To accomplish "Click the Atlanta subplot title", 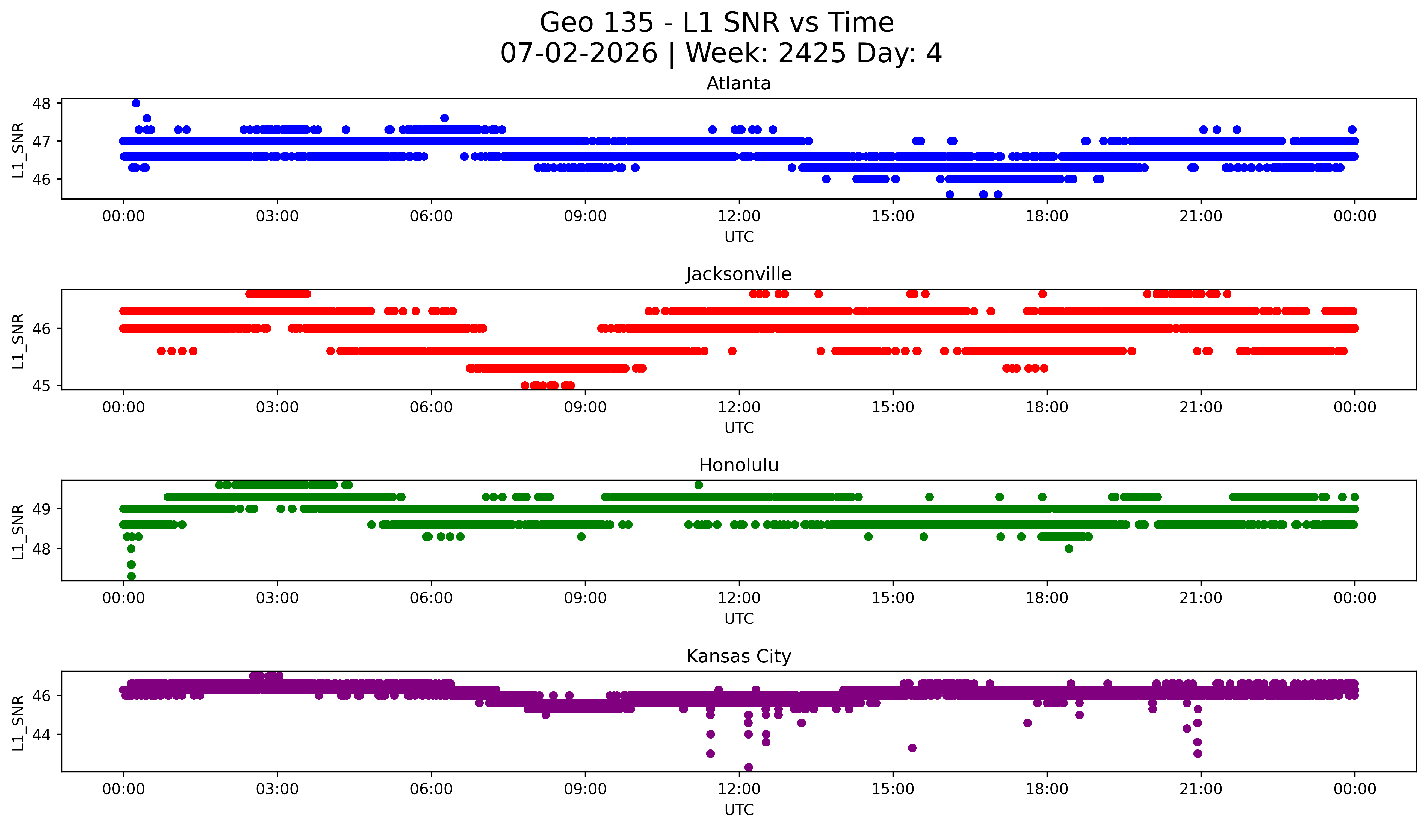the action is [x=738, y=83].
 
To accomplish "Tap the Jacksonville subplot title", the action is [x=738, y=274].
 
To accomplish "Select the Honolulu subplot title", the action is [x=738, y=465].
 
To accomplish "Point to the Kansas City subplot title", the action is [x=738, y=656].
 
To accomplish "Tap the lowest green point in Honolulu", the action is [x=131, y=576].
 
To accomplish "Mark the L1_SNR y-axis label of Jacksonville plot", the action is [x=18, y=341].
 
